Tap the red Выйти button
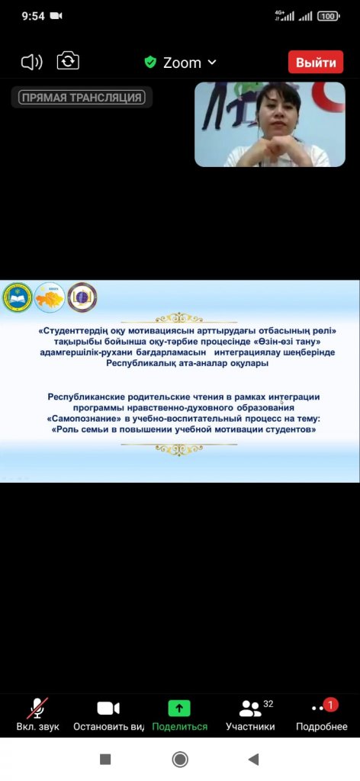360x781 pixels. point(316,63)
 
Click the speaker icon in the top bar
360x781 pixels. point(32,63)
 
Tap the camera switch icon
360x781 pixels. point(68,62)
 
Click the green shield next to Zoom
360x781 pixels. point(150,63)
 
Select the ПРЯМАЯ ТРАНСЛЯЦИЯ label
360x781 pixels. point(82,98)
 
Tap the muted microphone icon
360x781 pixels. point(37,708)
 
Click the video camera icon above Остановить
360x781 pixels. point(108,708)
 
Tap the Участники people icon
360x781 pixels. point(250,709)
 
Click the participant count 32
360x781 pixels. point(268,704)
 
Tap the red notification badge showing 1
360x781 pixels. point(330,705)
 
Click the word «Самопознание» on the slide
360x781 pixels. point(81,419)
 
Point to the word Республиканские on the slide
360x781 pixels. point(87,397)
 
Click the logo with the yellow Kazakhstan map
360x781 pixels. point(50,297)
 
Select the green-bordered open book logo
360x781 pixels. point(18,298)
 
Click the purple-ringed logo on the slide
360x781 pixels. point(82,297)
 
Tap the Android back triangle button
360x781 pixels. point(253,759)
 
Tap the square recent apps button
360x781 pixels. point(105,759)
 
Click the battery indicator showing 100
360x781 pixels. point(329,16)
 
